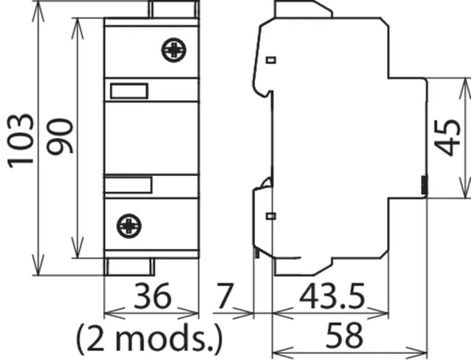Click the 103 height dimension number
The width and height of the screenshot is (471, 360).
point(20,140)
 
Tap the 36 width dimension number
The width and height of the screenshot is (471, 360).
point(152,296)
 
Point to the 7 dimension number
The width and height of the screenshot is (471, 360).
point(225,296)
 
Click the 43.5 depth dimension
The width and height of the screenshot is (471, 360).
point(332,296)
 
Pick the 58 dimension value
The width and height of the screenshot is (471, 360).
point(344,335)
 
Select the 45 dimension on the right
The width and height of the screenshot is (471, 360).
point(448,138)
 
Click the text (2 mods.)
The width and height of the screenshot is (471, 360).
point(149,339)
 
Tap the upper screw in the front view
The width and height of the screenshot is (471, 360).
point(173,50)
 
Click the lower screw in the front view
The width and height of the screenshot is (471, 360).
point(129,226)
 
